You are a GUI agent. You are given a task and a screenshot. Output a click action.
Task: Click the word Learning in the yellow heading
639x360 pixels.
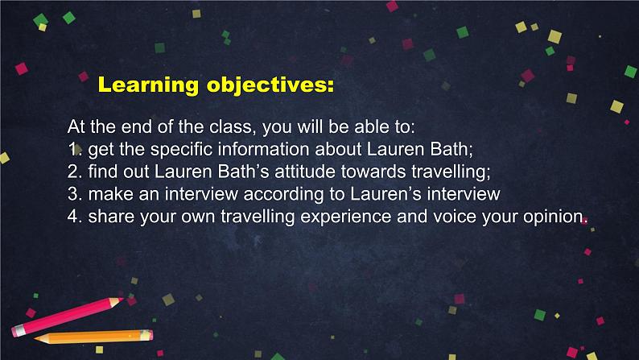(x=148, y=85)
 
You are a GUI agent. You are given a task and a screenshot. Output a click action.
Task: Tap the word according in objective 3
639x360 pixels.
(x=283, y=195)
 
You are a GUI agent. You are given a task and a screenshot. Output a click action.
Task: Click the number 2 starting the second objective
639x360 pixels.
(x=72, y=172)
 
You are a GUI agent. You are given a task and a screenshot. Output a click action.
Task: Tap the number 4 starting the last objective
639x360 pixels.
(x=72, y=217)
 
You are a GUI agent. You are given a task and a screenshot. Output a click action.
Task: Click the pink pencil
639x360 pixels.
(x=68, y=317)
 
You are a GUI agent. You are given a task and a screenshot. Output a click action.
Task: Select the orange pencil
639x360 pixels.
(x=93, y=337)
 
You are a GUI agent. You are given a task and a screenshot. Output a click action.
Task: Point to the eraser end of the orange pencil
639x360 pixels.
(x=146, y=335)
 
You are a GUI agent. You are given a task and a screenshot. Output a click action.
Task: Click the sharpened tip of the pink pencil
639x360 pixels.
(x=122, y=300)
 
